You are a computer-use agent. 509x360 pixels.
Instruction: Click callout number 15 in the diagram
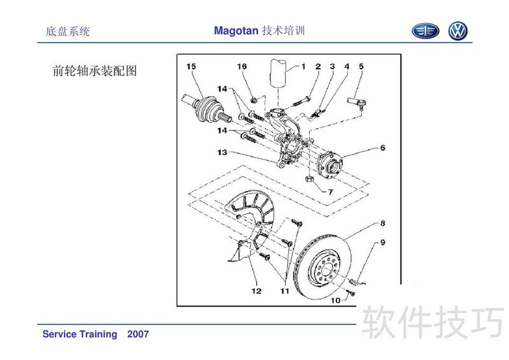point(192,66)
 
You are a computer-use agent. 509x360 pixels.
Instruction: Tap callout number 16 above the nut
point(242,66)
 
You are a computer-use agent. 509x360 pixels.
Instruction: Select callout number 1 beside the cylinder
point(303,66)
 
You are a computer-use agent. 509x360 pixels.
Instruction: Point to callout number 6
point(382,148)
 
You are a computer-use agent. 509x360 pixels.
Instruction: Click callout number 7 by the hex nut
point(330,191)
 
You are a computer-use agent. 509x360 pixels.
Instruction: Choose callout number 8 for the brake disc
point(382,223)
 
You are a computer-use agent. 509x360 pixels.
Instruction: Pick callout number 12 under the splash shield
point(256,291)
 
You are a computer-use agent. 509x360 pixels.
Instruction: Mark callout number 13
point(221,153)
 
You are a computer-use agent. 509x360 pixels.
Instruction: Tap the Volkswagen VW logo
point(457,31)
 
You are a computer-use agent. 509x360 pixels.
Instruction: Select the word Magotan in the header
point(236,31)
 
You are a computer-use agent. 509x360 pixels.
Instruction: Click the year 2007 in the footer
point(138,334)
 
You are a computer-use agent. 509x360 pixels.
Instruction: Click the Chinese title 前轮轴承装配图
point(94,71)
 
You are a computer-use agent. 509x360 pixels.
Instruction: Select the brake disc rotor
point(328,267)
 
